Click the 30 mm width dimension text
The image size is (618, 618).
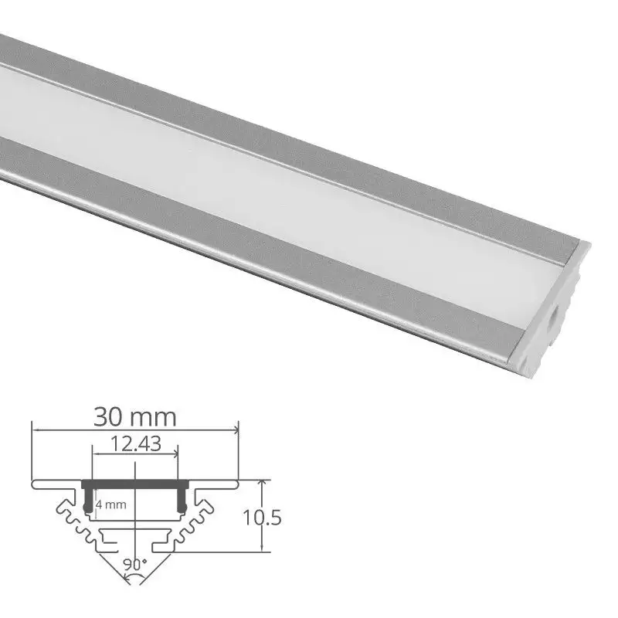pyautogui.click(x=134, y=417)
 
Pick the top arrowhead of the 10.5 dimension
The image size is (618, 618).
pyautogui.click(x=265, y=483)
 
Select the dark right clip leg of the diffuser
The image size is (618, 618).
pyautogui.click(x=183, y=499)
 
